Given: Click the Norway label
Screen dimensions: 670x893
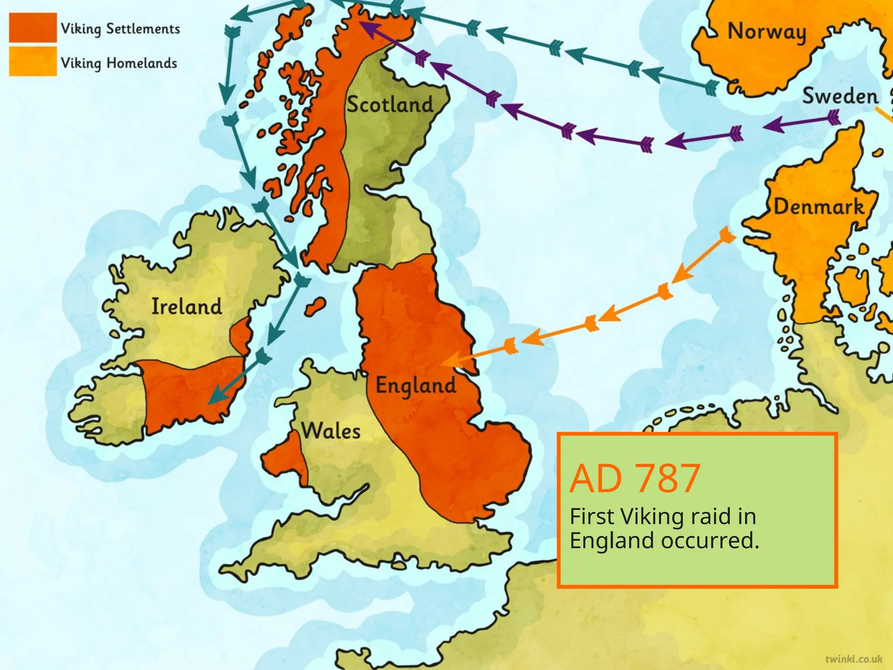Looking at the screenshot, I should coord(767,32).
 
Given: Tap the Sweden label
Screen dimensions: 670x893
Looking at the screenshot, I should coord(840,96).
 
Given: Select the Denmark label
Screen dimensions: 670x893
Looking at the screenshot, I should coord(818,207).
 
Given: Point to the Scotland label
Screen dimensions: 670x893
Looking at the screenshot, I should coord(390,105).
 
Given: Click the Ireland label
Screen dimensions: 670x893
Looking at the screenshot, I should coord(187,306).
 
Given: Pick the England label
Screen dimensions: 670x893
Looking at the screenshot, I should coord(416,386).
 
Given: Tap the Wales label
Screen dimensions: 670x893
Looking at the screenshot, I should coord(331,431).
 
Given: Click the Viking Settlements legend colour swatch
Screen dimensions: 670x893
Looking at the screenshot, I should coord(33,27).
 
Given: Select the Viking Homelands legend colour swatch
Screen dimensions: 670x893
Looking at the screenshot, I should coord(33,62).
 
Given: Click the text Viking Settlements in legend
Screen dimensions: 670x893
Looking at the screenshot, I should coord(120,29).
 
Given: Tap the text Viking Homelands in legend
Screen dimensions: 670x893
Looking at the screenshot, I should coord(119,63).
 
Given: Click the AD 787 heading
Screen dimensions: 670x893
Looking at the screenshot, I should coord(635,479).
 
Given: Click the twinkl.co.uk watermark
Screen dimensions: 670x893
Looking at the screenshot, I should coord(853,659).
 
